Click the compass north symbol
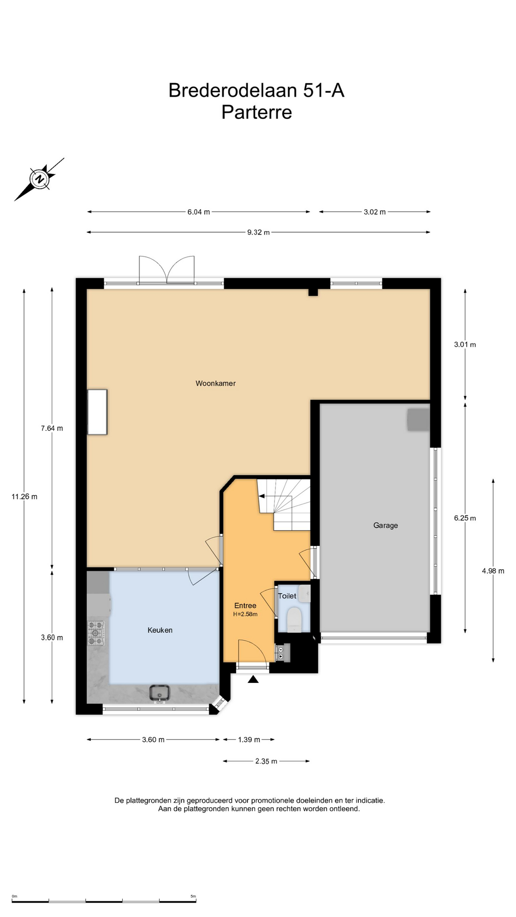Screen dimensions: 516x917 [40, 179]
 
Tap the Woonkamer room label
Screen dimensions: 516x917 [215, 383]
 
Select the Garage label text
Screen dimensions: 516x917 [386, 525]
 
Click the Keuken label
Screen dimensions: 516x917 [160, 630]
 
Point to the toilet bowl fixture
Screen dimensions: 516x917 [294, 619]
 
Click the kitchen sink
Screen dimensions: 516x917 [160, 693]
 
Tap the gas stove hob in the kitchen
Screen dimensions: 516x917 [96, 633]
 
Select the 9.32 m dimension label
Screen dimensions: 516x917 [258, 233]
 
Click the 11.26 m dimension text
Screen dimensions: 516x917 [24, 497]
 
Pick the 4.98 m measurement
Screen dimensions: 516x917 [493, 571]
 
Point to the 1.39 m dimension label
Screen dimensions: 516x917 [249, 739]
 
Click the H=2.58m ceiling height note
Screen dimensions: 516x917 [245, 614]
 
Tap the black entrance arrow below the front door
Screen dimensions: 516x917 [253, 679]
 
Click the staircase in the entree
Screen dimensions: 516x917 [284, 505]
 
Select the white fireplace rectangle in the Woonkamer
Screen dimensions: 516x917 [97, 412]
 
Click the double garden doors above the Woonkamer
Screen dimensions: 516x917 [167, 270]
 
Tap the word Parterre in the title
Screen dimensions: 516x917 [257, 112]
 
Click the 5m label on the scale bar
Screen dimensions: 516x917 [193, 896]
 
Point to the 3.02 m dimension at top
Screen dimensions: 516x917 [375, 212]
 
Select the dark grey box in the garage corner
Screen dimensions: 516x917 [418, 420]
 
